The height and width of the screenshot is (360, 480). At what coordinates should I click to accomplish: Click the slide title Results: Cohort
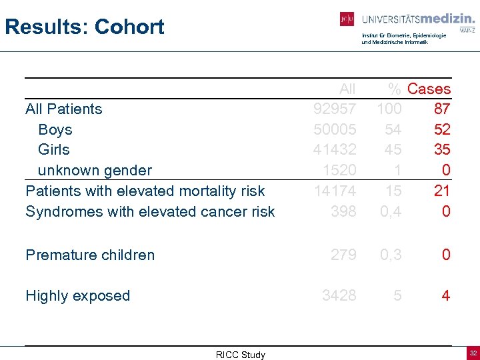coord(84,27)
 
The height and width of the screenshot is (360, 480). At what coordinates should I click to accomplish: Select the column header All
coord(347,89)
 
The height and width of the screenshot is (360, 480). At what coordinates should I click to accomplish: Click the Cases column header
coord(429,89)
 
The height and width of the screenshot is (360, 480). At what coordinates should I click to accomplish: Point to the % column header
coord(395,89)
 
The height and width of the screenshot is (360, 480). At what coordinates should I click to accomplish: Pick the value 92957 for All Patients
coord(335,109)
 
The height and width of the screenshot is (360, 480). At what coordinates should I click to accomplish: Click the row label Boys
coord(55,129)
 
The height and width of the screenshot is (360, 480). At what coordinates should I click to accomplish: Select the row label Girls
coord(54,149)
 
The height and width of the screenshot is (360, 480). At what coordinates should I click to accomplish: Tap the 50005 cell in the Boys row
coord(335,129)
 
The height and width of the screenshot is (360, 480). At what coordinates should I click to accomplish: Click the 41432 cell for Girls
coord(335,149)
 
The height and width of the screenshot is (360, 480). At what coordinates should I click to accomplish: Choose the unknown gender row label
coord(95,171)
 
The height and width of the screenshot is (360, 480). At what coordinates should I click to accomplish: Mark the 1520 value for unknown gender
coord(339,171)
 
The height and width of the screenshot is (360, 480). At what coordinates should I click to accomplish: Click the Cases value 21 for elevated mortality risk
coord(442,191)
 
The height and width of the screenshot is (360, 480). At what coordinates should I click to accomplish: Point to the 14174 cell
coord(335,191)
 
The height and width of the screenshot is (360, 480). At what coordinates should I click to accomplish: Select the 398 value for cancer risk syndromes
coord(344,211)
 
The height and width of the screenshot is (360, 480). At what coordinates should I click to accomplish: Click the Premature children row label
coord(90,255)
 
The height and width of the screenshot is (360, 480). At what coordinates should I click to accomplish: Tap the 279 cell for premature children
coord(344,255)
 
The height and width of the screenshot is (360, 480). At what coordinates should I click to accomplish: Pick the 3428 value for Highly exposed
coord(339,295)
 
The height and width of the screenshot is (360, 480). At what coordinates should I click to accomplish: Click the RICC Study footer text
coord(240,355)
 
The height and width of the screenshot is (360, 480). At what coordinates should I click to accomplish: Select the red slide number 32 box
coord(473,352)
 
